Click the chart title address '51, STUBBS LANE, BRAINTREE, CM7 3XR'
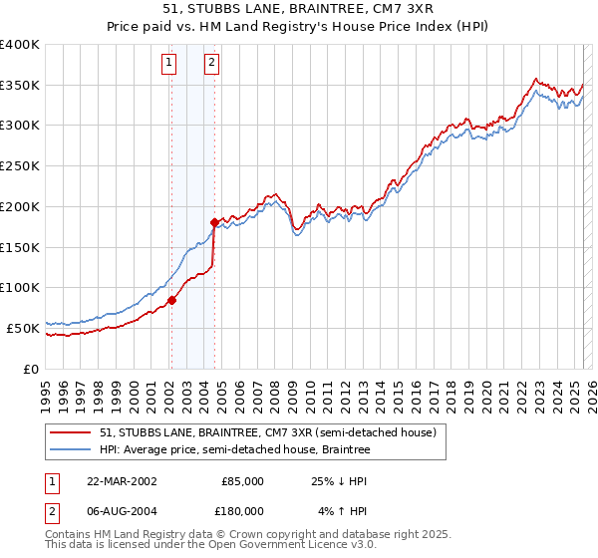click(298, 11)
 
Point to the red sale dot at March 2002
click(171, 299)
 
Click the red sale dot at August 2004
click(214, 222)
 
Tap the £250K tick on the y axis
click(21, 165)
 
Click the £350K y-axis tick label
click(21, 85)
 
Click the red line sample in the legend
click(71, 433)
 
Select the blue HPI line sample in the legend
click(71, 450)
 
